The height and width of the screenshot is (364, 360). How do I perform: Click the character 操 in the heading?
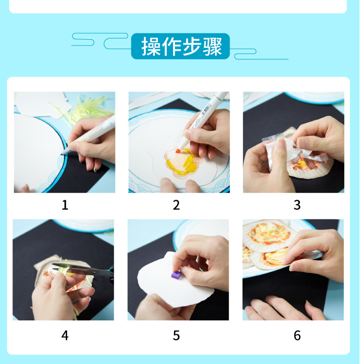click(151, 46)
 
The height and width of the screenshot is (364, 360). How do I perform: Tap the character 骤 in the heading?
click(213, 46)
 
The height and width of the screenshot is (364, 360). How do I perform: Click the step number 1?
click(65, 205)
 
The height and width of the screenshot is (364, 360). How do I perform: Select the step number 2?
click(176, 205)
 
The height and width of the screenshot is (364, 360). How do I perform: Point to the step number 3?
click(297, 205)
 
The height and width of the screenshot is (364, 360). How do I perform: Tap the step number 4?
click(65, 335)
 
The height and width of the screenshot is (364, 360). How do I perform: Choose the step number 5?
click(176, 335)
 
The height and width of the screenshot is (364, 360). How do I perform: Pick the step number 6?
click(297, 335)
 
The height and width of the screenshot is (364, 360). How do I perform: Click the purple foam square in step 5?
click(176, 274)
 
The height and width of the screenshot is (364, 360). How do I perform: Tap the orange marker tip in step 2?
click(178, 151)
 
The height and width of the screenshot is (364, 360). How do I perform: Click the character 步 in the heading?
click(192, 46)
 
